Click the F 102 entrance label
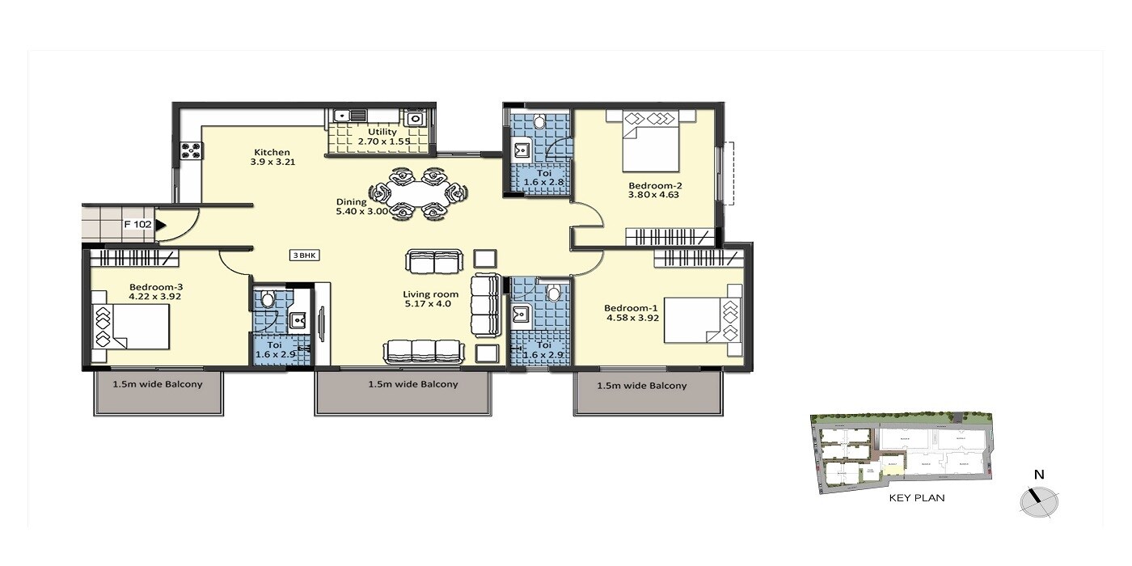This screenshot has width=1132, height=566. pos(137,224)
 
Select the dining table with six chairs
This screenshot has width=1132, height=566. pos(418,194)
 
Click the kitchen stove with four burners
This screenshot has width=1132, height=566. pos(191,150)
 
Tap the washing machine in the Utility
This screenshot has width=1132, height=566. pos(415,118)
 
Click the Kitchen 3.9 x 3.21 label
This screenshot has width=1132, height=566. pos(272,157)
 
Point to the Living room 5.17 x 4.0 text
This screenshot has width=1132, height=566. pos(431,299)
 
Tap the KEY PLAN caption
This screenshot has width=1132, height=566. pos(916,498)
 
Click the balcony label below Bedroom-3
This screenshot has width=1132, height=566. pos(158,384)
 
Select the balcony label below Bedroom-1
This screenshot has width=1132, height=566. pos(642,386)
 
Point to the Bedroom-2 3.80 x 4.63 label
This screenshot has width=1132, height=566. pos(655,190)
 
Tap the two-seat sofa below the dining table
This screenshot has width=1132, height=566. pos(434,262)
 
